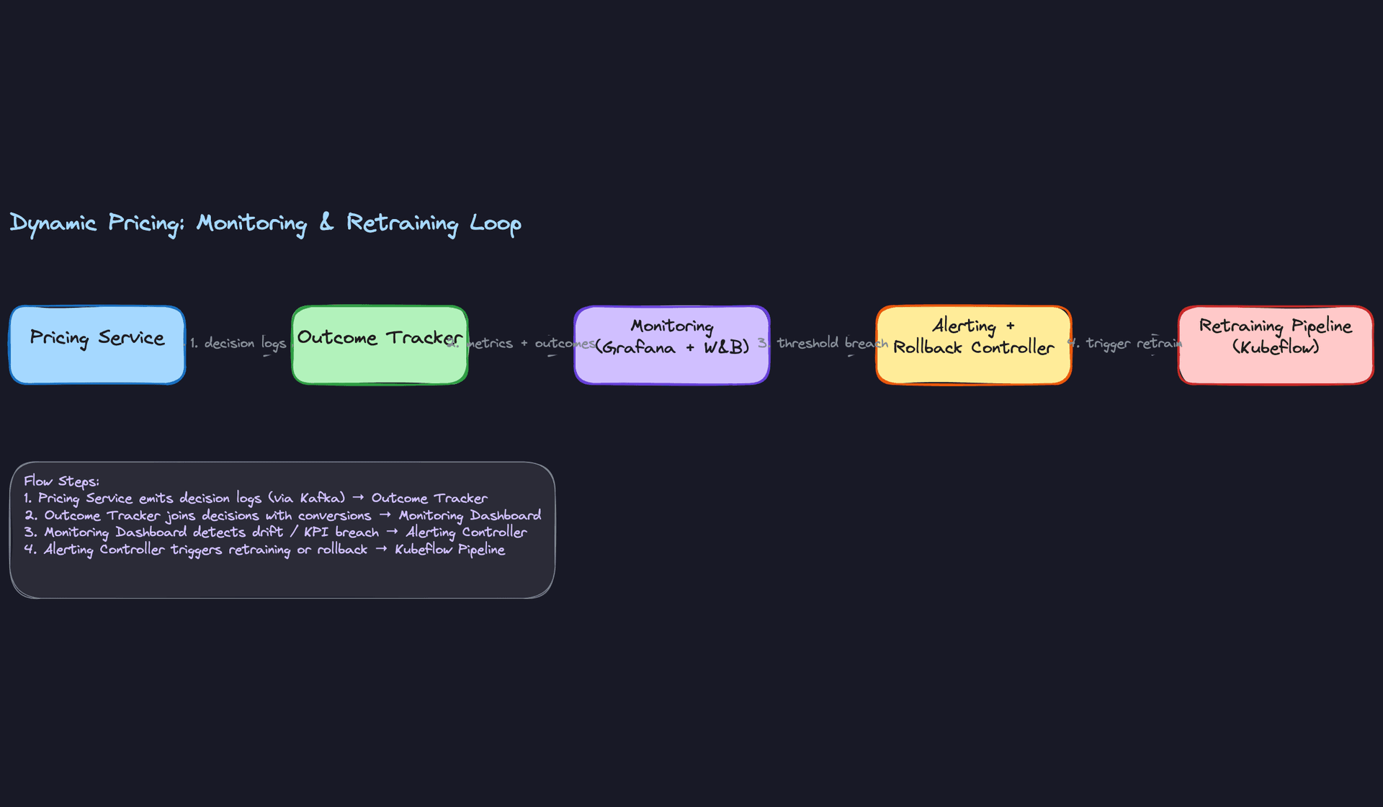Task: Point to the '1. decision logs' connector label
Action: click(238, 344)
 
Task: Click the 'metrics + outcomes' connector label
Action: click(529, 344)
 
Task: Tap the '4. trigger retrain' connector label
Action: click(1125, 344)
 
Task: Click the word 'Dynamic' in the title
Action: click(53, 223)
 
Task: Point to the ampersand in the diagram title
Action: click(326, 222)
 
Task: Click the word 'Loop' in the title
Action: click(495, 223)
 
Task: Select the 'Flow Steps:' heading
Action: click(61, 481)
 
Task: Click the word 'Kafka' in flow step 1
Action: click(321, 499)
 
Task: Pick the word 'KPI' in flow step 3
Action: click(315, 532)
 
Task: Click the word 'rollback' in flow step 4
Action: click(342, 550)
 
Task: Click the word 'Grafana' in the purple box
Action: click(640, 348)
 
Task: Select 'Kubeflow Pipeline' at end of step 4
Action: click(449, 550)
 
